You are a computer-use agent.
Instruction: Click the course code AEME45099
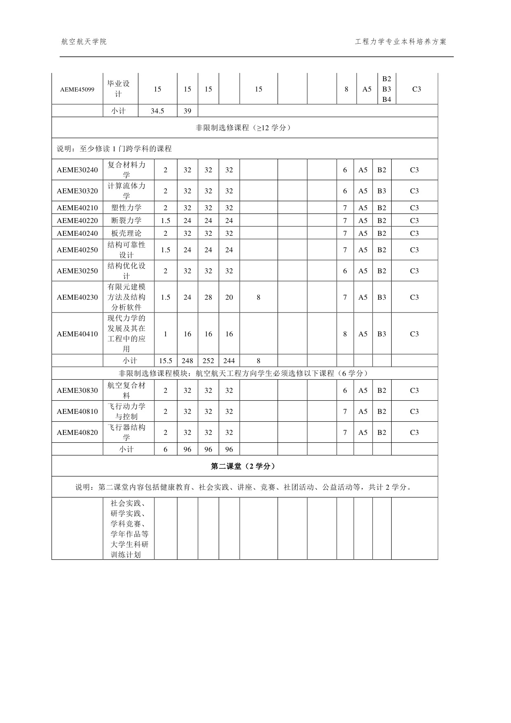pyautogui.click(x=77, y=89)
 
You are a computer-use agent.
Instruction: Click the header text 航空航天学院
pyautogui.click(x=84, y=42)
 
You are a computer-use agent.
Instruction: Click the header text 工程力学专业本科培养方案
pyautogui.click(x=400, y=42)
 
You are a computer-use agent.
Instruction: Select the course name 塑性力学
pyautogui.click(x=126, y=208)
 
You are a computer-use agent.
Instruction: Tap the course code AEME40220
pyautogui.click(x=77, y=221)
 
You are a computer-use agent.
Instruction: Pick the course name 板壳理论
pyautogui.click(x=126, y=233)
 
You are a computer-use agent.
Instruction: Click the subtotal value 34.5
pyautogui.click(x=157, y=111)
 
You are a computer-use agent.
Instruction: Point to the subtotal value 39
pyautogui.click(x=187, y=111)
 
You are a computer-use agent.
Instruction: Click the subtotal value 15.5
pyautogui.click(x=166, y=361)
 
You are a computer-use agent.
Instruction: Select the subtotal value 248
pyautogui.click(x=187, y=361)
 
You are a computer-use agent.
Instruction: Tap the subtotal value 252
pyautogui.click(x=208, y=361)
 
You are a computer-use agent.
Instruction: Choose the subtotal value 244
pyautogui.click(x=229, y=361)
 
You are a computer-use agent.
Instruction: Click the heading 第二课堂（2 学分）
pyautogui.click(x=244, y=466)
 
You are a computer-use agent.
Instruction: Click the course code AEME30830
pyautogui.click(x=77, y=390)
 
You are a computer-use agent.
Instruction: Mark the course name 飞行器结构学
pyautogui.click(x=126, y=432)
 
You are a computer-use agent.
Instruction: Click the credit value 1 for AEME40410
pyautogui.click(x=166, y=334)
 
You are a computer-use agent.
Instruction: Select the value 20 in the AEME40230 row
pyautogui.click(x=229, y=297)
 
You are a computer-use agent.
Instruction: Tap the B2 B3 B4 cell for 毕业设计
pyautogui.click(x=387, y=89)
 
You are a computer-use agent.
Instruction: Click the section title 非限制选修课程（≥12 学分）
pyautogui.click(x=244, y=128)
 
